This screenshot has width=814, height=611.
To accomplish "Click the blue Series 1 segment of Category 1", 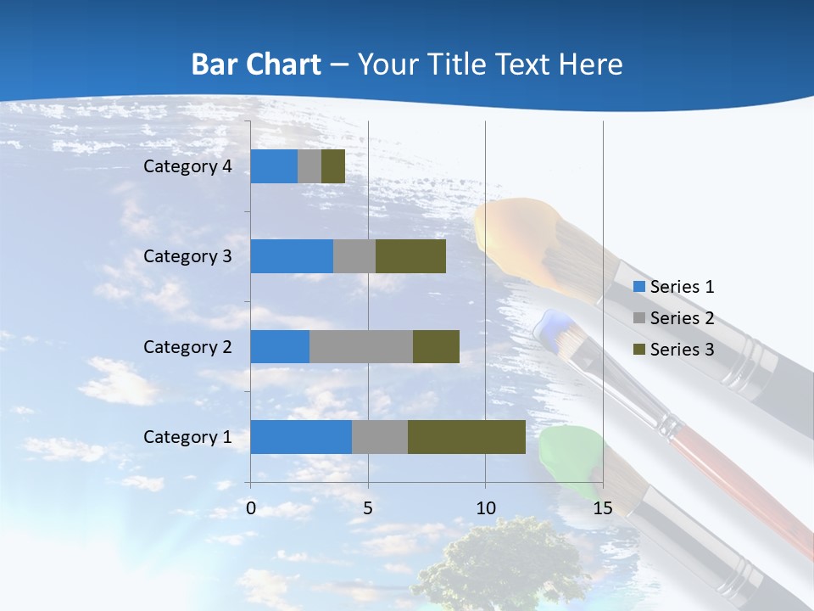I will click(x=301, y=437).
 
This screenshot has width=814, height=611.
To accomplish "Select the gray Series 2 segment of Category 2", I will click(x=361, y=346).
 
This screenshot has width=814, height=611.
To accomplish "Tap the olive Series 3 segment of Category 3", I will click(x=410, y=256).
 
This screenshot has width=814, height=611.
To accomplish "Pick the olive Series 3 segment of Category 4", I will click(x=333, y=166).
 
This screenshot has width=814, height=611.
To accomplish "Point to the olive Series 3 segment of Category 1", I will click(x=466, y=437).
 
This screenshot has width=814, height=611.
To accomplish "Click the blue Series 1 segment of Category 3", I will click(x=292, y=256).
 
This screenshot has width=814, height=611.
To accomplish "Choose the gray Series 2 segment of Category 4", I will click(x=309, y=166).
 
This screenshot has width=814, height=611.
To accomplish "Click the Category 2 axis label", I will click(x=187, y=346).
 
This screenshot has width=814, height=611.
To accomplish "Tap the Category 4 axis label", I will click(x=187, y=166).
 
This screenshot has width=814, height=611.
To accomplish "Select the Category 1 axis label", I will click(x=187, y=437).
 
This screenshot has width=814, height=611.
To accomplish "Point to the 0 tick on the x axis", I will click(x=251, y=508).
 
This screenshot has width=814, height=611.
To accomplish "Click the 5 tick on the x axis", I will click(x=368, y=508).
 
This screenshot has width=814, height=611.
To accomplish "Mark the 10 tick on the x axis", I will click(x=485, y=508).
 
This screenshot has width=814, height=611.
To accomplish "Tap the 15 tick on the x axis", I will click(x=602, y=508).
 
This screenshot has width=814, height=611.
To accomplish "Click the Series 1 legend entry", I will click(x=673, y=287).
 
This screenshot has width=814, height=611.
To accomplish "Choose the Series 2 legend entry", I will click(x=673, y=318).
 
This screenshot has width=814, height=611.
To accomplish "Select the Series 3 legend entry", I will click(x=673, y=349).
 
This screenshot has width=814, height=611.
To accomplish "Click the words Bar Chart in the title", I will click(x=256, y=64).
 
